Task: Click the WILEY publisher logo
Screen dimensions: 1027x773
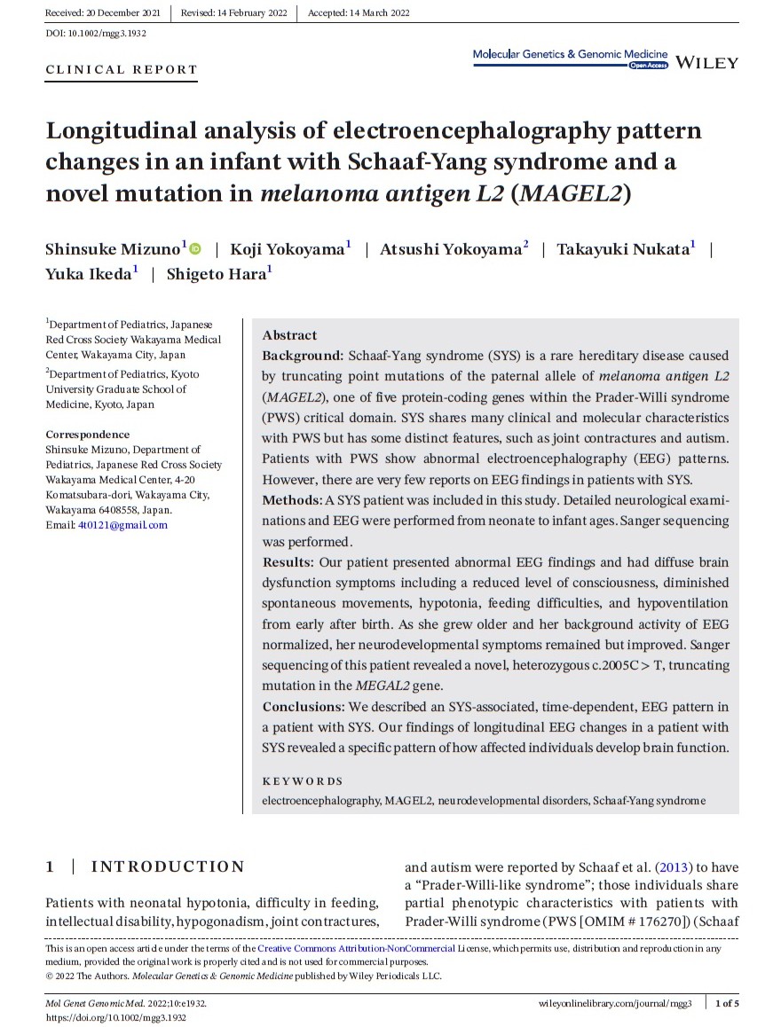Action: pyautogui.click(x=706, y=62)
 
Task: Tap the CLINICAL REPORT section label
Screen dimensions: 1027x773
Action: pyautogui.click(x=121, y=70)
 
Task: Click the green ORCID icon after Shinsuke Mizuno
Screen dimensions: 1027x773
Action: pyautogui.click(x=195, y=250)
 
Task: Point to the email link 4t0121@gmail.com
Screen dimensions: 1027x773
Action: pyautogui.click(x=122, y=525)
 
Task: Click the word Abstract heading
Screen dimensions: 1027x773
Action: pyautogui.click(x=289, y=335)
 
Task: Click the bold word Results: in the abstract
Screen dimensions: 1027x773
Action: pyautogui.click(x=288, y=562)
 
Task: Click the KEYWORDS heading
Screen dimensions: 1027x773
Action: pyautogui.click(x=303, y=781)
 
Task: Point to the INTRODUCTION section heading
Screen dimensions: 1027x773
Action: pyautogui.click(x=168, y=866)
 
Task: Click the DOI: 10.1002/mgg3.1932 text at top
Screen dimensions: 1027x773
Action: pyautogui.click(x=96, y=33)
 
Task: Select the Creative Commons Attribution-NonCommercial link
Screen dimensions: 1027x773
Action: pyautogui.click(x=356, y=949)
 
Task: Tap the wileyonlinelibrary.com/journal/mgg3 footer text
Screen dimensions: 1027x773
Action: pyautogui.click(x=615, y=1003)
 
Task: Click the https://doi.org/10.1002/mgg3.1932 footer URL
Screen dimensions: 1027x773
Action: pyautogui.click(x=115, y=1016)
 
